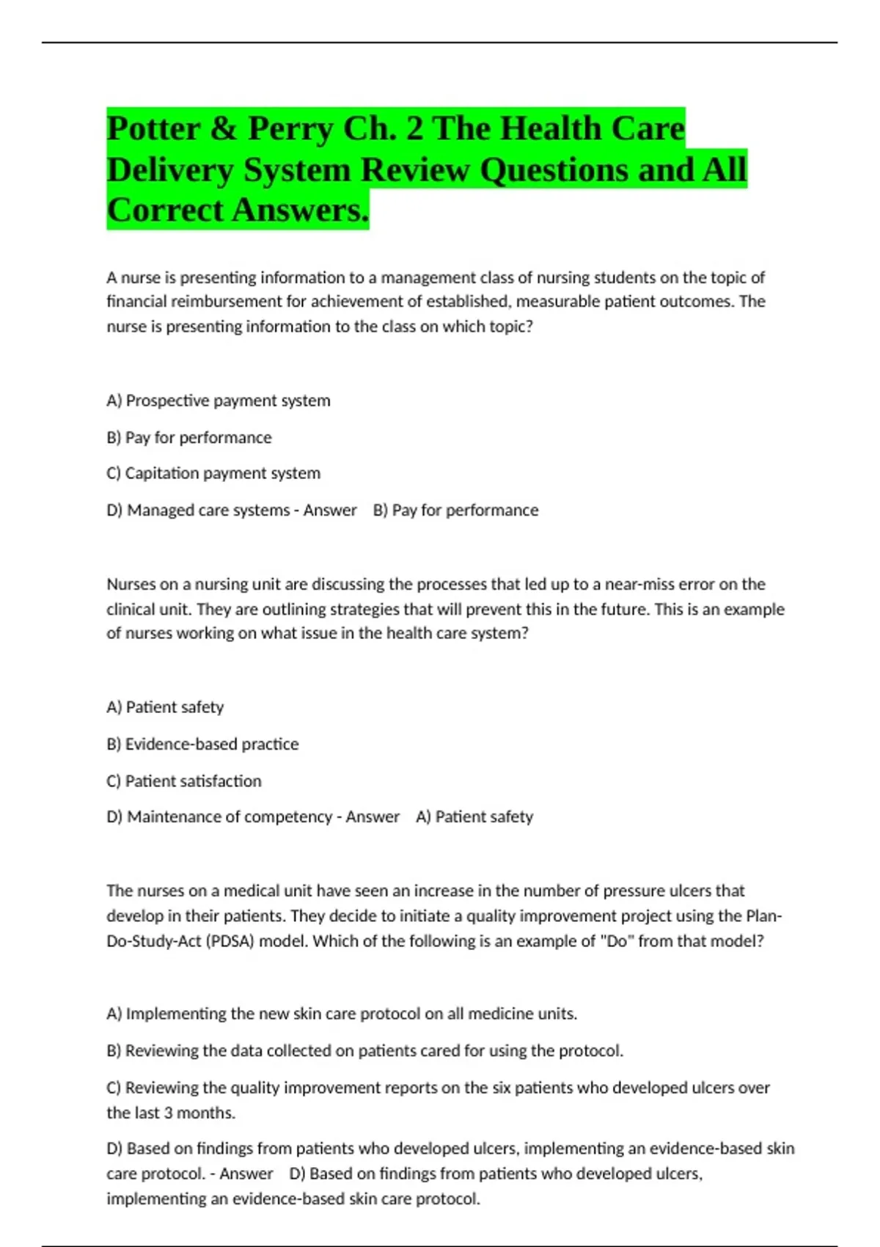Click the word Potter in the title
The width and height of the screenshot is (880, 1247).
click(153, 129)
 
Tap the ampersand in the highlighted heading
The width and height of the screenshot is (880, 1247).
click(223, 129)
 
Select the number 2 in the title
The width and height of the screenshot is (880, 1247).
click(414, 129)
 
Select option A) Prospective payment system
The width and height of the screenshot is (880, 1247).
click(219, 401)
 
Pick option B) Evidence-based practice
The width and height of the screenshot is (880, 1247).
click(202, 744)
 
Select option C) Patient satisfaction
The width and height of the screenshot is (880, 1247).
click(184, 780)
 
